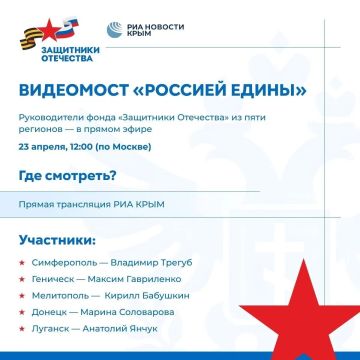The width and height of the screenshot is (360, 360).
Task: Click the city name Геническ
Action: coord(53,279)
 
